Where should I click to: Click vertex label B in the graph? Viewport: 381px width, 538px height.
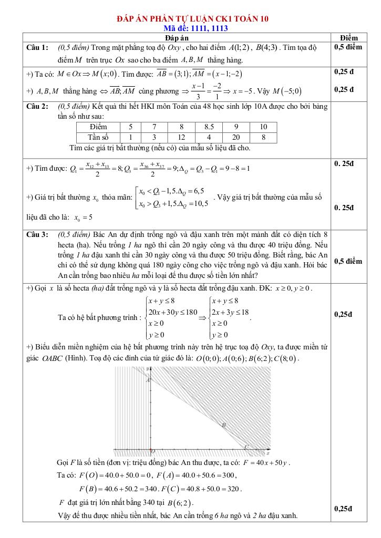pos(224,424)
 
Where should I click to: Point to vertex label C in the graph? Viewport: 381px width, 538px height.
pos(246,446)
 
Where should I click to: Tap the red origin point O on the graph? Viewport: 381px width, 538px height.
pos(152,450)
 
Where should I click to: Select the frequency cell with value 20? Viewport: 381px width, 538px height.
pos(236,137)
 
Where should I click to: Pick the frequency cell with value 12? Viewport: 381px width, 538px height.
pos(181,137)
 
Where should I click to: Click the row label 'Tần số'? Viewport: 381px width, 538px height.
pos(98,137)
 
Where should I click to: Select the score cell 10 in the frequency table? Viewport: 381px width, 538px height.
pos(263,127)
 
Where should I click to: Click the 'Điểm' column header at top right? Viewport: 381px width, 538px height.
pos(349,38)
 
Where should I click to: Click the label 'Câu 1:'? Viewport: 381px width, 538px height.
pos(38,48)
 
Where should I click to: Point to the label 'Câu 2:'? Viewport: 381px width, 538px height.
pos(38,106)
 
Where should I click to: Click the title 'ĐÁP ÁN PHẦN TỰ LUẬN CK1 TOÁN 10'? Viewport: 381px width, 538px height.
pos(192,19)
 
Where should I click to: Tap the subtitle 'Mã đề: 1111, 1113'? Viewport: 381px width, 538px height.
pos(192,28)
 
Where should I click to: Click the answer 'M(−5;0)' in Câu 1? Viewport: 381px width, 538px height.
pos(287,91)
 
